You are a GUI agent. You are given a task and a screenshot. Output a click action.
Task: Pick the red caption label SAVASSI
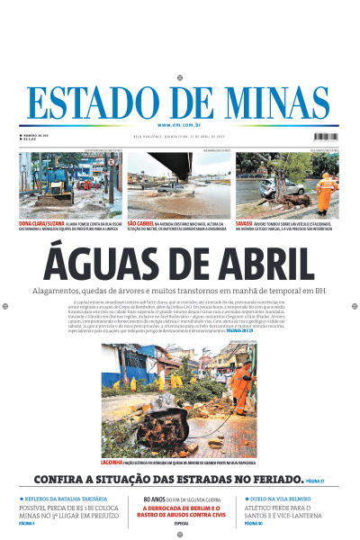click(x=245, y=222)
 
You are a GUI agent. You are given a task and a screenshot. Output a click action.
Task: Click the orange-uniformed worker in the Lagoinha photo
click(x=242, y=387)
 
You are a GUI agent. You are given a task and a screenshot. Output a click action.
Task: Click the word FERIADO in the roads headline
click(x=270, y=480)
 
